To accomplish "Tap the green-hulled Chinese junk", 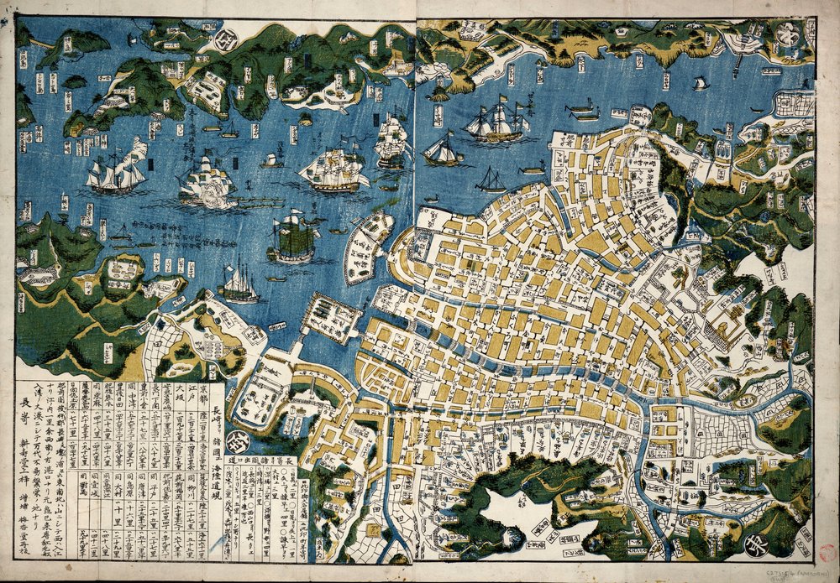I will tap(293, 238).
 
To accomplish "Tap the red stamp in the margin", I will tap(827, 554).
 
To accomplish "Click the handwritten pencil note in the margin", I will tap(801, 571).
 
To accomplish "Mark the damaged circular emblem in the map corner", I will tap(786, 34).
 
